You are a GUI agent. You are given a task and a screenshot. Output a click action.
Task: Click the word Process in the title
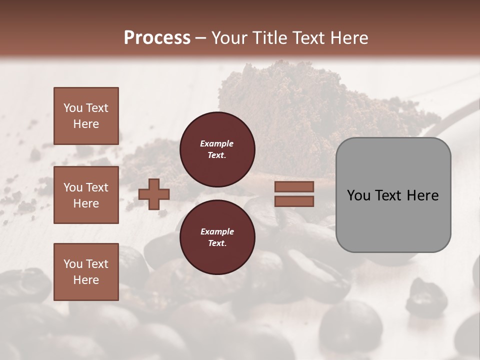pos(157,37)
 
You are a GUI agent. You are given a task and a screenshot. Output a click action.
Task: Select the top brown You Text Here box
pos(86,116)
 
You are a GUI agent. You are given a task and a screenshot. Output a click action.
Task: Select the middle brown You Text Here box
pos(86,195)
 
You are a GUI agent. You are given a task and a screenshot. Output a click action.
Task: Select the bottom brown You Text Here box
pos(86,271)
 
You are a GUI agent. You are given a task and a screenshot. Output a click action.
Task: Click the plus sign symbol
pos(154,194)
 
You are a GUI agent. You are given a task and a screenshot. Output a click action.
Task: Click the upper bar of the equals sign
pos(294,186)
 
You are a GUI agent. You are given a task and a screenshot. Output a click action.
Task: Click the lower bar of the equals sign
pos(294,201)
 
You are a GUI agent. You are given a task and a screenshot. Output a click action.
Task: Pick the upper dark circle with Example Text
pos(217,149)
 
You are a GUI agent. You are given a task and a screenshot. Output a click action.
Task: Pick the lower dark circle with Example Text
pos(217,237)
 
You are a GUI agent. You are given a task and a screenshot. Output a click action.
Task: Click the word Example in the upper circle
pos(217,143)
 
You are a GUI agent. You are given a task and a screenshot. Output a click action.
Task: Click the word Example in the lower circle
pos(217,231)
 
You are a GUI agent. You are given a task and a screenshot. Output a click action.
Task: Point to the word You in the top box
pos(73,108)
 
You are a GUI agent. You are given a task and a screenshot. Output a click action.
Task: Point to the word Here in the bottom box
pos(86,280)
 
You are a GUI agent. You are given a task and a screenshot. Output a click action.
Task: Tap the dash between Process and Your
pos(201,38)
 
